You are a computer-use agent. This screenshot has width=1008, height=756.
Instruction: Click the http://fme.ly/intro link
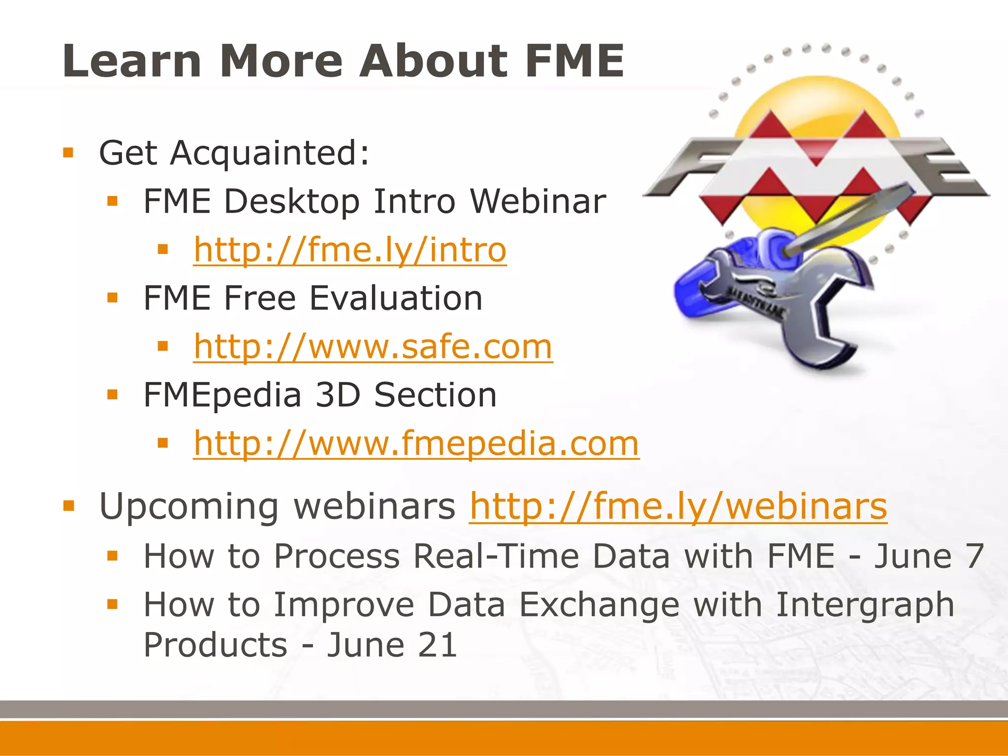[349, 250]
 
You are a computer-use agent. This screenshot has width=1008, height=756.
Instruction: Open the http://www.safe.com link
[373, 346]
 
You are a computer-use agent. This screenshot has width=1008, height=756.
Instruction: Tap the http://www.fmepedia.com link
[416, 443]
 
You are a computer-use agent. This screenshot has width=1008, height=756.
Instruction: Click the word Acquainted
[269, 153]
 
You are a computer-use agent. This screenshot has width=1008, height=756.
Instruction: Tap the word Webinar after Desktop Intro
[537, 201]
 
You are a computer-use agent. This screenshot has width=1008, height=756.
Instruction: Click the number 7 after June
[975, 556]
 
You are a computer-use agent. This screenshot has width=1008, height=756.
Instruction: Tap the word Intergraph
[865, 605]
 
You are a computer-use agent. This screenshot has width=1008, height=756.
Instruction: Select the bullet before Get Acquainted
[68, 153]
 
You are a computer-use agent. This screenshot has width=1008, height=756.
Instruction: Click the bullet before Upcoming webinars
[68, 505]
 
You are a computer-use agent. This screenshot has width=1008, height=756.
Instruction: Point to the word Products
[215, 645]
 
